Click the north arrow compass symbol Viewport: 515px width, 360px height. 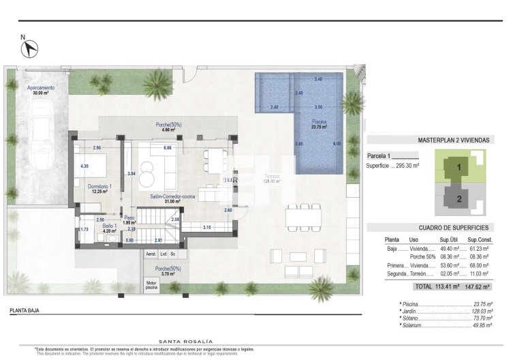click(29, 48)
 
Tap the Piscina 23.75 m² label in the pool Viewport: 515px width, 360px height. click(319, 124)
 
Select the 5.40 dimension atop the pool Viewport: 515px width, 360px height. click(318, 80)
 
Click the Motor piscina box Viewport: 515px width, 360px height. click(151, 285)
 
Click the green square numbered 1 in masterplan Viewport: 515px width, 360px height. click(458, 166)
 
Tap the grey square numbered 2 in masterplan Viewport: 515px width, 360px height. click(458, 199)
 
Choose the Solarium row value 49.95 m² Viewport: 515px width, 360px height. click(482, 326)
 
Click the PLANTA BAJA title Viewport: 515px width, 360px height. click(25, 310)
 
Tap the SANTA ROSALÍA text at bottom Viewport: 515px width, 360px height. click(185, 341)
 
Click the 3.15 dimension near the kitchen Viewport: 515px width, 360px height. click(206, 226)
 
